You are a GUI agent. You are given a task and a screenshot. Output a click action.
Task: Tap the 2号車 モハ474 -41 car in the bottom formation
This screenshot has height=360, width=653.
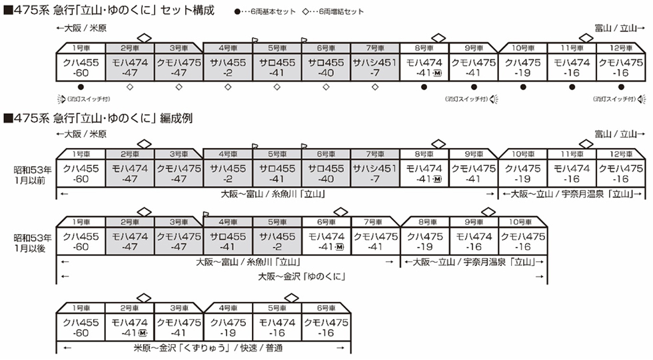point(129,327)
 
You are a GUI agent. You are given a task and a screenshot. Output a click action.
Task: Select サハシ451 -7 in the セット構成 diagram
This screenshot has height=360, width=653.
point(375,67)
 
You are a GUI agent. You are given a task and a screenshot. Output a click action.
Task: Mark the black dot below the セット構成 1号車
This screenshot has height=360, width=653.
point(80,86)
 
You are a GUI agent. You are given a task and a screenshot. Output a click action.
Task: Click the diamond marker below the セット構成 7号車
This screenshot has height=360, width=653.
point(375,86)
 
